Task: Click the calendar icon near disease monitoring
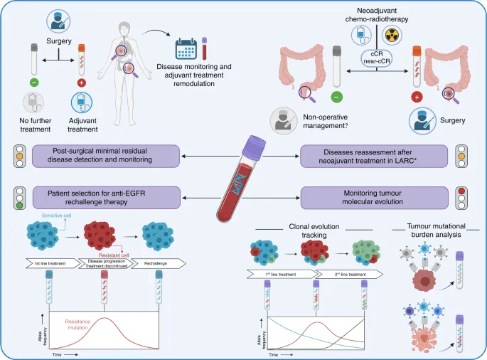pos(186,51)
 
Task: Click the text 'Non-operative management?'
pos(326,121)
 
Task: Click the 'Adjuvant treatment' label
pos(82,126)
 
